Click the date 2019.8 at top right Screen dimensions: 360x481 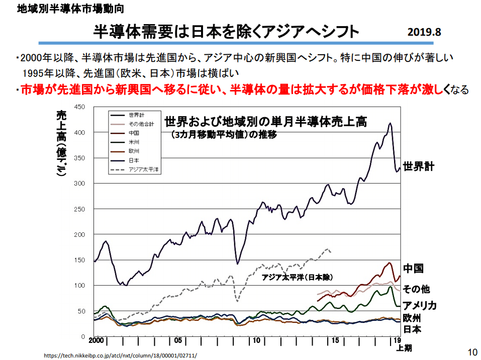[424, 32]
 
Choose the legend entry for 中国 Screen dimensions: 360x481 [134, 133]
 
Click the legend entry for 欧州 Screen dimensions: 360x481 [134, 151]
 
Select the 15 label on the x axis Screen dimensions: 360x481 [336, 340]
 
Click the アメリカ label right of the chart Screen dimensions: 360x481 [419, 305]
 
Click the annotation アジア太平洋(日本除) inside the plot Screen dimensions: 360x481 [298, 277]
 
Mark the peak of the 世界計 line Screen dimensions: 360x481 [390, 124]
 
